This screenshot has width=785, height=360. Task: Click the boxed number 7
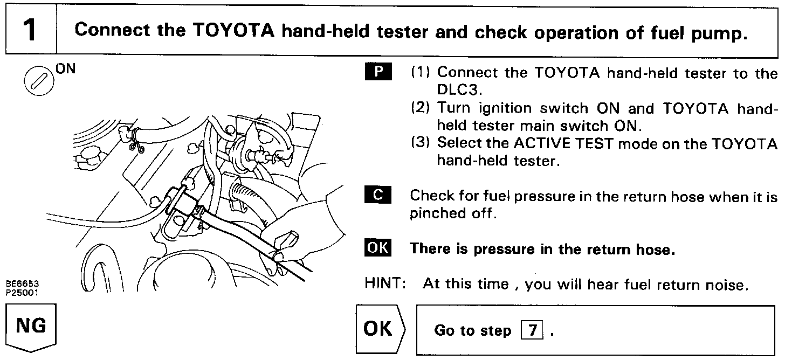pos(533,330)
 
